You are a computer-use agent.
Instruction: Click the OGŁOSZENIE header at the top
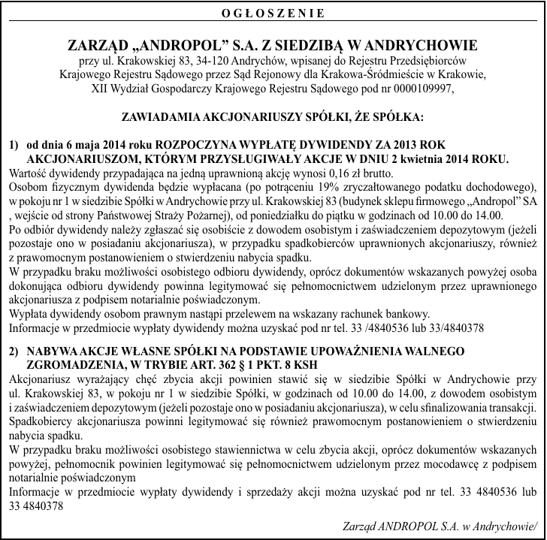coord(274,13)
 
